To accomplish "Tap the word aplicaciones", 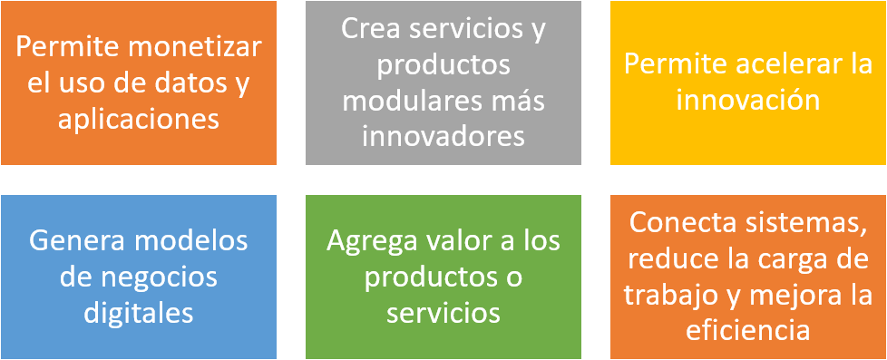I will point(139,119).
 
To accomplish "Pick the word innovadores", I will point(443,135).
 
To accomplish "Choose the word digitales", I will point(139,312).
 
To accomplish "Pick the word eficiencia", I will point(748,330).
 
